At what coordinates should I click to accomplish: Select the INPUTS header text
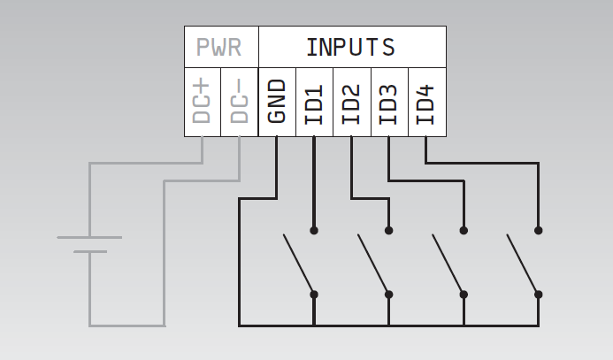pyautogui.click(x=350, y=47)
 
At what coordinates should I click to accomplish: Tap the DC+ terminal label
pyautogui.click(x=202, y=102)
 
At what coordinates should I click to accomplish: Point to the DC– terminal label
pyautogui.click(x=239, y=102)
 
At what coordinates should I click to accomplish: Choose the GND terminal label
pyautogui.click(x=276, y=102)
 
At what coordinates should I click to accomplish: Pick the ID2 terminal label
pyautogui.click(x=351, y=103)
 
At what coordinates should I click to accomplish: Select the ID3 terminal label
pyautogui.click(x=388, y=103)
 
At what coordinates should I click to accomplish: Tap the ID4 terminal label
pyautogui.click(x=425, y=103)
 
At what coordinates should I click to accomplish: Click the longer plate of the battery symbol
pyautogui.click(x=89, y=237)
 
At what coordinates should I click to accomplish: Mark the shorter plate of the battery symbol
pyautogui.click(x=89, y=252)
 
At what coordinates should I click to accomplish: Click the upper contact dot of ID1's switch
pyautogui.click(x=314, y=230)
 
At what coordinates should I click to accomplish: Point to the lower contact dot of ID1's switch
pyautogui.click(x=314, y=294)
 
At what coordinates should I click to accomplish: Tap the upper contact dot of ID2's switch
pyautogui.click(x=388, y=230)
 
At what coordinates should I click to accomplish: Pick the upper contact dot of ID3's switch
pyautogui.click(x=464, y=230)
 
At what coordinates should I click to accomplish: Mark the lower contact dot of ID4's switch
pyautogui.click(x=538, y=294)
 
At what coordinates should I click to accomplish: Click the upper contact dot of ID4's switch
pyautogui.click(x=538, y=230)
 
